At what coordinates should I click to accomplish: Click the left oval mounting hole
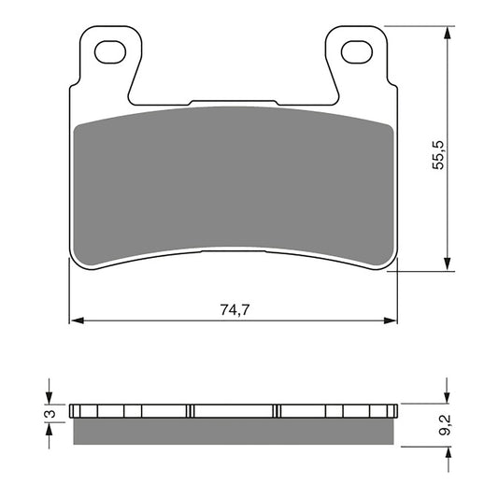pyautogui.click(x=111, y=52)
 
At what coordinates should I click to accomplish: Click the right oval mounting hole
pyautogui.click(x=355, y=52)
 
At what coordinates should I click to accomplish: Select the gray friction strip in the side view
pyautogui.click(x=235, y=432)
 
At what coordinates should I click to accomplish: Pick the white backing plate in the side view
pyautogui.click(x=234, y=411)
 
